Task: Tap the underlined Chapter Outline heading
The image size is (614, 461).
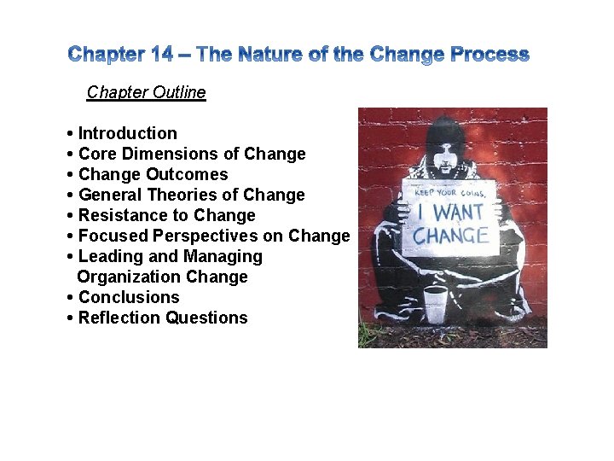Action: pos(146,92)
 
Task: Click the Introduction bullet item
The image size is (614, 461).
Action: pos(127,133)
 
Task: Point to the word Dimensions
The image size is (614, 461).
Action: pos(171,154)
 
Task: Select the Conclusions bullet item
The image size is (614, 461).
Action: pos(129,297)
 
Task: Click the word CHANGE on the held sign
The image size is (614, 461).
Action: pos(451,235)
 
